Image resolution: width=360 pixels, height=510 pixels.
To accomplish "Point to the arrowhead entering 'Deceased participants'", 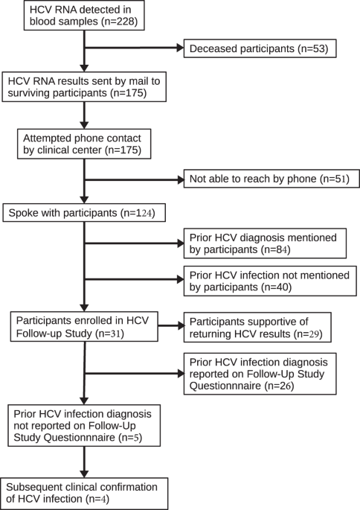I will (180, 51).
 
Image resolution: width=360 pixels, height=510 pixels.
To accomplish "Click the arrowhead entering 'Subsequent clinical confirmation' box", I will (87, 469).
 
